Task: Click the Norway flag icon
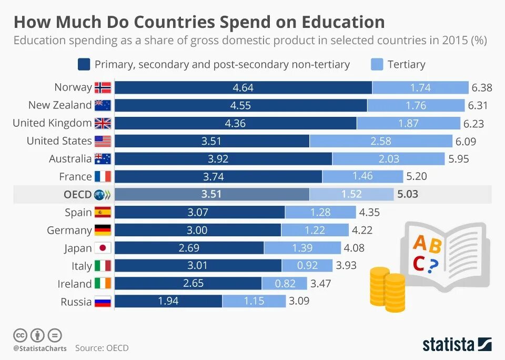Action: point(103,87)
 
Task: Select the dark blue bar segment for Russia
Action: point(168,302)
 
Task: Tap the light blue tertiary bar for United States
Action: point(381,141)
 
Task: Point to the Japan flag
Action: point(103,248)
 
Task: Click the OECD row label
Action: point(77,194)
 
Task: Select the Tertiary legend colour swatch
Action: point(377,65)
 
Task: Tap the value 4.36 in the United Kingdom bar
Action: point(235,123)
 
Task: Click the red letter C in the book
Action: point(419,263)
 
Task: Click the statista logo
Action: point(457,345)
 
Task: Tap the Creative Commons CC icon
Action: point(20,335)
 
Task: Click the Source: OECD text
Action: point(102,348)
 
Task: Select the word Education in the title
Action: point(343,22)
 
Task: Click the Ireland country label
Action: point(75,284)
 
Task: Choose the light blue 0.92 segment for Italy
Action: point(307,266)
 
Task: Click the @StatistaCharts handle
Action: point(40,348)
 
